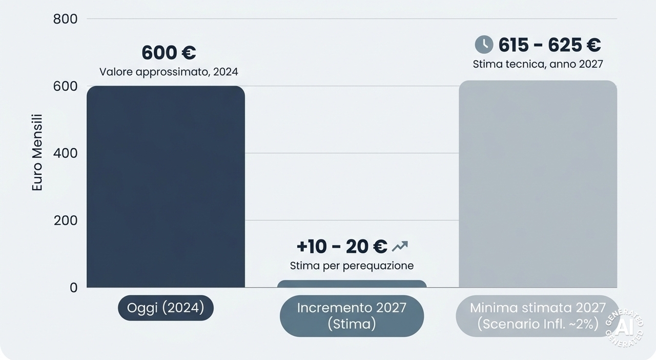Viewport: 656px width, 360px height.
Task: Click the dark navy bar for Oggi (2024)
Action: [166, 187]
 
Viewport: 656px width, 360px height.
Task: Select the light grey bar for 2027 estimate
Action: [538, 184]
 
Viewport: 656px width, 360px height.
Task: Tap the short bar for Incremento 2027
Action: [352, 284]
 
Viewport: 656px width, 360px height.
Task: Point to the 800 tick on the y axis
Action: [65, 19]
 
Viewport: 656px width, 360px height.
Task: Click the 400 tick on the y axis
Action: [65, 153]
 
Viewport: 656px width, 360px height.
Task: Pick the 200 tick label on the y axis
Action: [65, 220]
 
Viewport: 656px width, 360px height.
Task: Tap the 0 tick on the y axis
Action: [73, 288]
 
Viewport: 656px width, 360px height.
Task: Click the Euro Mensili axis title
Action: [37, 152]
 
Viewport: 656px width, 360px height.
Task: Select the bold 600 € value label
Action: [169, 53]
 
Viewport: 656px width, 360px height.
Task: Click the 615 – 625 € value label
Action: [550, 45]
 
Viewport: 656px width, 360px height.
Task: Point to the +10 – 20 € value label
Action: [342, 247]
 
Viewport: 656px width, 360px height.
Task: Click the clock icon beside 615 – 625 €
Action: [484, 45]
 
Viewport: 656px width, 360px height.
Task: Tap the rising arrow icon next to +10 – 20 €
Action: [400, 246]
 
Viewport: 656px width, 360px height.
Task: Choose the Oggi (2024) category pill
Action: [166, 308]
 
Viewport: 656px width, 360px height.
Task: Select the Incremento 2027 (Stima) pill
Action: [352, 316]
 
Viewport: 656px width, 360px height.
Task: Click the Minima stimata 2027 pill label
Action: [538, 316]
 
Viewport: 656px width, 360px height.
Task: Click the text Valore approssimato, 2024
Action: [169, 72]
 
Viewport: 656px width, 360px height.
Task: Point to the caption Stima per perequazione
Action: [352, 266]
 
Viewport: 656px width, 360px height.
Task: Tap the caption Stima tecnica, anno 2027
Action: [538, 64]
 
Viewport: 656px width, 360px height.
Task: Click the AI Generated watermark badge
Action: [624, 328]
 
